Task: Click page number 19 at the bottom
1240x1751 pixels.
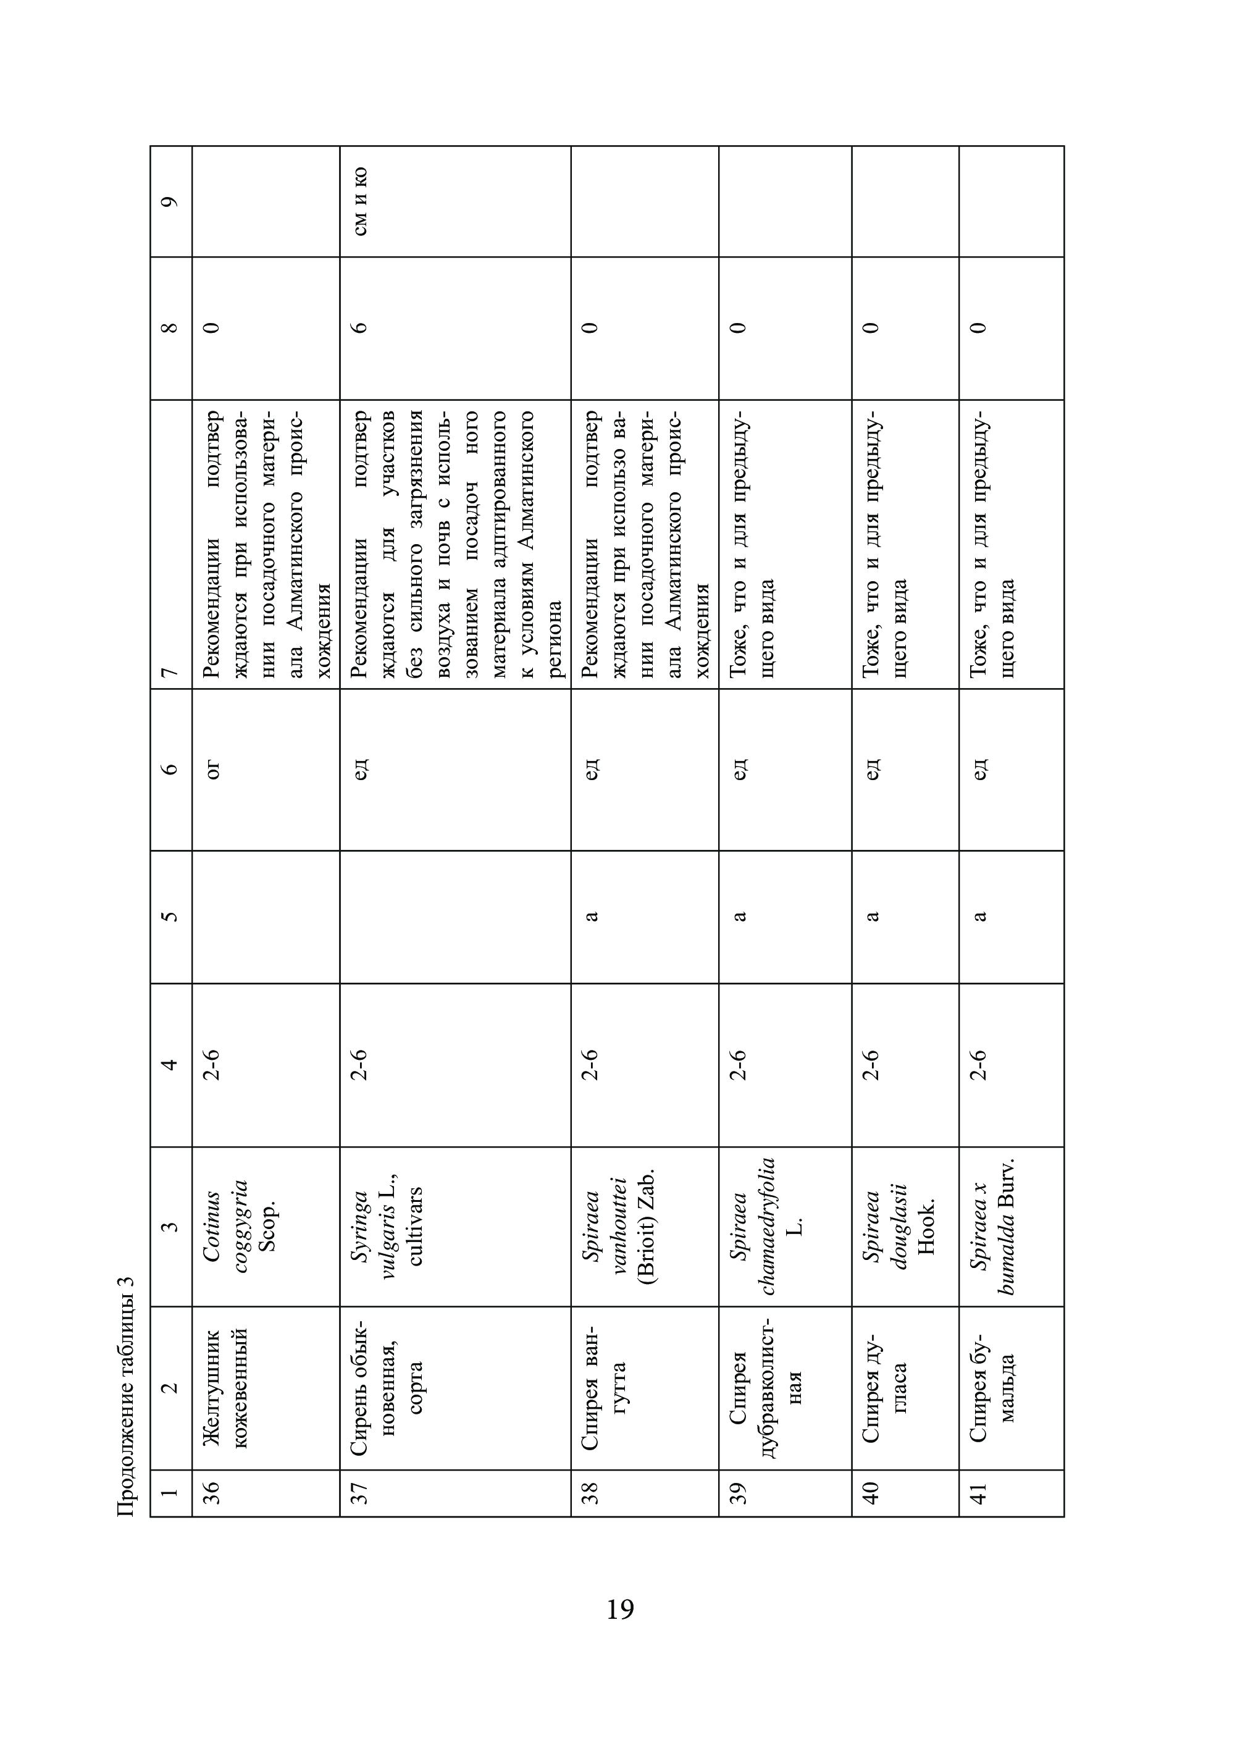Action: tap(620, 1609)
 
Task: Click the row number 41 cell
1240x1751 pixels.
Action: tap(978, 1492)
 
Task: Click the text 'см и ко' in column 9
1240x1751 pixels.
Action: tap(361, 201)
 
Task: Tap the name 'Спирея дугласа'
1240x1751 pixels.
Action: tap(886, 1387)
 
